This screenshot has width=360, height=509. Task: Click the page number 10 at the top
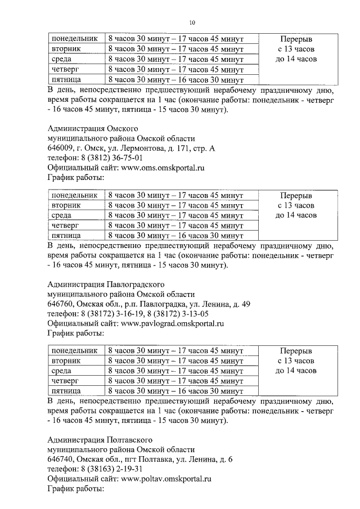coord(192,22)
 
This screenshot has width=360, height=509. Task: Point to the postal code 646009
coord(61,148)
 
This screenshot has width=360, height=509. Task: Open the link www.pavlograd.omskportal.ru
coord(173,323)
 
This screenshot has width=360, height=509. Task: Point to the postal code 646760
coord(61,304)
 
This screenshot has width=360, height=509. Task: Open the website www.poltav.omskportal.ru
coord(166,479)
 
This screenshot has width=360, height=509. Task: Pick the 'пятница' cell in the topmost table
coord(66,79)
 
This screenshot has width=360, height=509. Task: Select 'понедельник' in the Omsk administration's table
coord(74,195)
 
